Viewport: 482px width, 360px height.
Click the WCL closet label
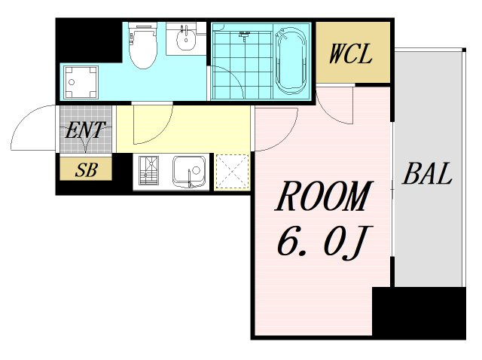(x=350, y=54)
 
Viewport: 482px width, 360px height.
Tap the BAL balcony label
(x=427, y=174)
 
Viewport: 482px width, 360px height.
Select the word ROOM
(x=324, y=196)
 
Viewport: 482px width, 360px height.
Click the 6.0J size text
(x=325, y=242)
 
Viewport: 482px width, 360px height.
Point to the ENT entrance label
(x=85, y=130)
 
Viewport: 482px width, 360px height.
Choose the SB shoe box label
(x=86, y=170)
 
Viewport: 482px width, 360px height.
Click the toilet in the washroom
(x=142, y=45)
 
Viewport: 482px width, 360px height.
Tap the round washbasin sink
(x=186, y=38)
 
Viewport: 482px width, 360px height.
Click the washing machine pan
(x=81, y=82)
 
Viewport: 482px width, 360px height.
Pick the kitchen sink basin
(x=189, y=172)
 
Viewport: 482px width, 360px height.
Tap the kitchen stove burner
(x=149, y=171)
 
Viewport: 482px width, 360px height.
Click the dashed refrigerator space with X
(x=232, y=172)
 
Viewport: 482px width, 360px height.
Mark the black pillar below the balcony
(x=419, y=313)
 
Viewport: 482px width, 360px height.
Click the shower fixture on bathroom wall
(x=244, y=35)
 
